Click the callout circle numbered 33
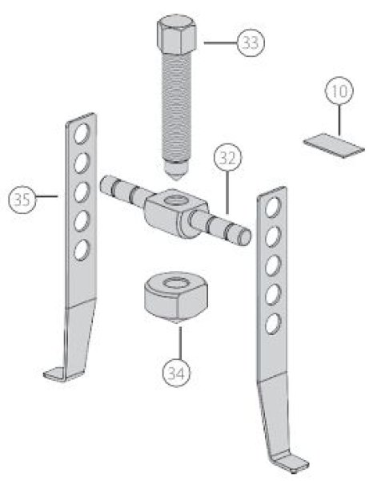(x=251, y=42)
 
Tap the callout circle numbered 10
(x=339, y=91)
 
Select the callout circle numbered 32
(x=227, y=158)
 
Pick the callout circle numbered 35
(x=22, y=200)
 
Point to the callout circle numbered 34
(x=176, y=373)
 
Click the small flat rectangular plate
(x=334, y=145)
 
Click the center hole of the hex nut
(x=176, y=282)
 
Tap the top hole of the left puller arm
(x=82, y=134)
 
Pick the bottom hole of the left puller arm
(x=82, y=249)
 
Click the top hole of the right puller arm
(x=273, y=207)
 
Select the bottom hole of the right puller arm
(x=273, y=323)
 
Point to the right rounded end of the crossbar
(x=244, y=236)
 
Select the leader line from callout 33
(x=220, y=43)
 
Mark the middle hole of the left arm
(x=82, y=192)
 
